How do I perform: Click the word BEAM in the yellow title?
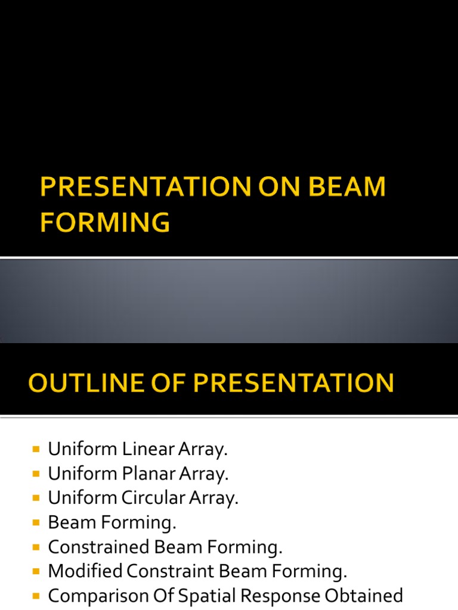tap(346, 188)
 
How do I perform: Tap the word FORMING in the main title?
tap(105, 223)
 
